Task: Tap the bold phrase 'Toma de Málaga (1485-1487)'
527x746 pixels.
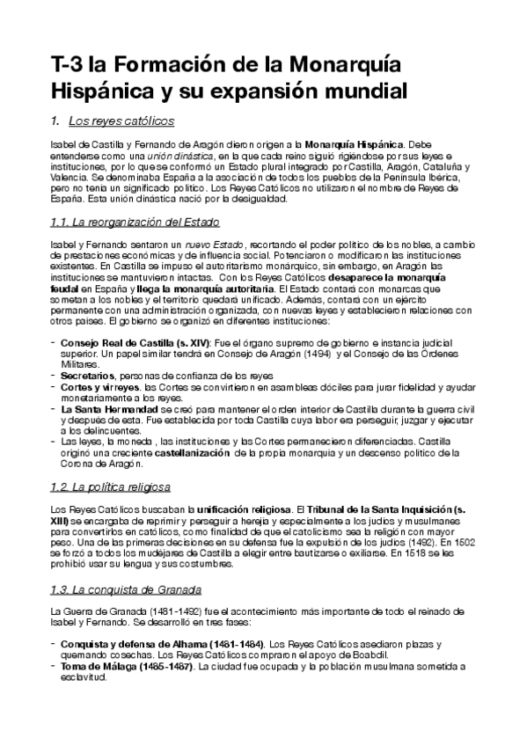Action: pos(128,667)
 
